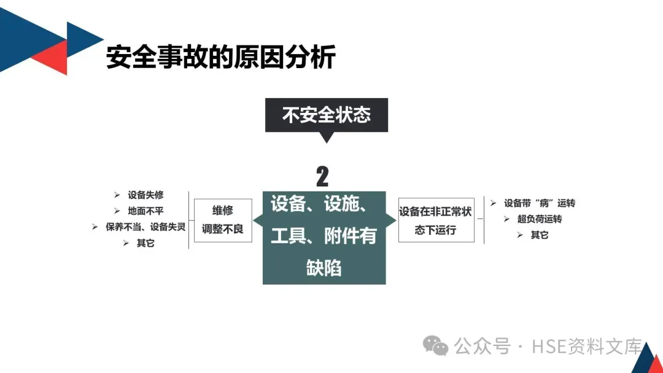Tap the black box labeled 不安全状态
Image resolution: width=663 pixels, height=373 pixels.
point(326,115)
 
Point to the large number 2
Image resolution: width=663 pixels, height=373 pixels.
point(322,177)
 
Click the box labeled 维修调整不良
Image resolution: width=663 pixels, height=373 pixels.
point(223,220)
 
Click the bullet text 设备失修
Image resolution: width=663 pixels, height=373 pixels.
point(145,195)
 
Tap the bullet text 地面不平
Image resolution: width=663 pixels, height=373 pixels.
point(145,211)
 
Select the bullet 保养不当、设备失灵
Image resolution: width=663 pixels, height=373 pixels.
point(145,227)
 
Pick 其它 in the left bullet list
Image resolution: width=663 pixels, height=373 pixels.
point(145,244)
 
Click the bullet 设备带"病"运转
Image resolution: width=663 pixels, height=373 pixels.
point(540,203)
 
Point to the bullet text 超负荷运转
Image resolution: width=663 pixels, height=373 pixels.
point(540,219)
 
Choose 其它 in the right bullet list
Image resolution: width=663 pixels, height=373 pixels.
point(540,235)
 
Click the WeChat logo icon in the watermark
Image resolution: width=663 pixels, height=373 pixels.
point(438,347)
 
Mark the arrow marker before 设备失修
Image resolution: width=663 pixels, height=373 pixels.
point(117,195)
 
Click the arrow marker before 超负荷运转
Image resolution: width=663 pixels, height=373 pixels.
point(506,219)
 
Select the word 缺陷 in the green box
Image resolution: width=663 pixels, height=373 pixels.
point(324,268)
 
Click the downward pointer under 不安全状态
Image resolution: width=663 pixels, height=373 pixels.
point(327,137)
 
